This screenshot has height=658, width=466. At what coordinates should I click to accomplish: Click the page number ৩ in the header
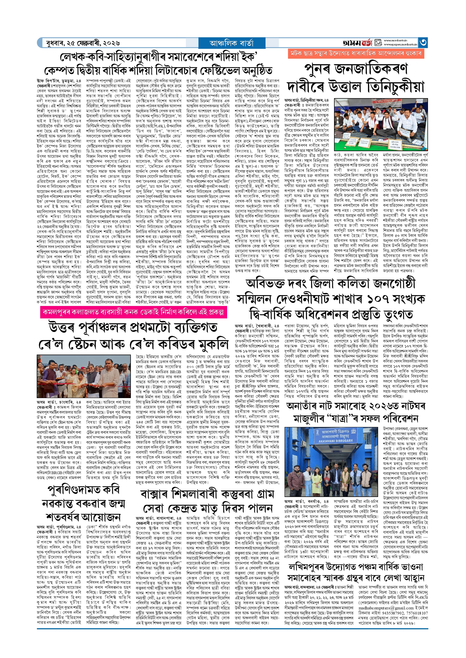point(423,42)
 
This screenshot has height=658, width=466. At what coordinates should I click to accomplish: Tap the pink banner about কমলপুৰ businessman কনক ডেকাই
point(133,312)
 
